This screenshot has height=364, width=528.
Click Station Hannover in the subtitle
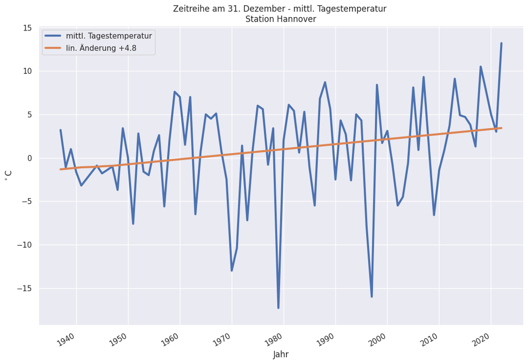[x=280, y=19]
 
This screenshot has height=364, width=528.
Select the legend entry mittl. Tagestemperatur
[x=108, y=36]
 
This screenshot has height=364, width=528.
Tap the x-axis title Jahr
[x=280, y=354]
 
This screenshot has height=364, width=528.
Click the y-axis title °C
[x=9, y=176]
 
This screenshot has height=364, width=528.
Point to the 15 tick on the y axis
[x=28, y=28]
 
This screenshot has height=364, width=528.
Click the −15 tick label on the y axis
[x=24, y=288]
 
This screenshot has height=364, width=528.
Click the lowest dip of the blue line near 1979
[x=278, y=308]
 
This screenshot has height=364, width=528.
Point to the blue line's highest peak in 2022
[x=501, y=43]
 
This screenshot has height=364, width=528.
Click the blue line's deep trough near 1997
[x=372, y=296]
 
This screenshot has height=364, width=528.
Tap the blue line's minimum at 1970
[x=232, y=270]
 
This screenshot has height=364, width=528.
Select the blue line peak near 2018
[x=481, y=67]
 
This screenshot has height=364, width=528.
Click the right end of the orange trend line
[x=501, y=128]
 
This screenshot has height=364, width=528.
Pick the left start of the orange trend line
[x=61, y=169]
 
